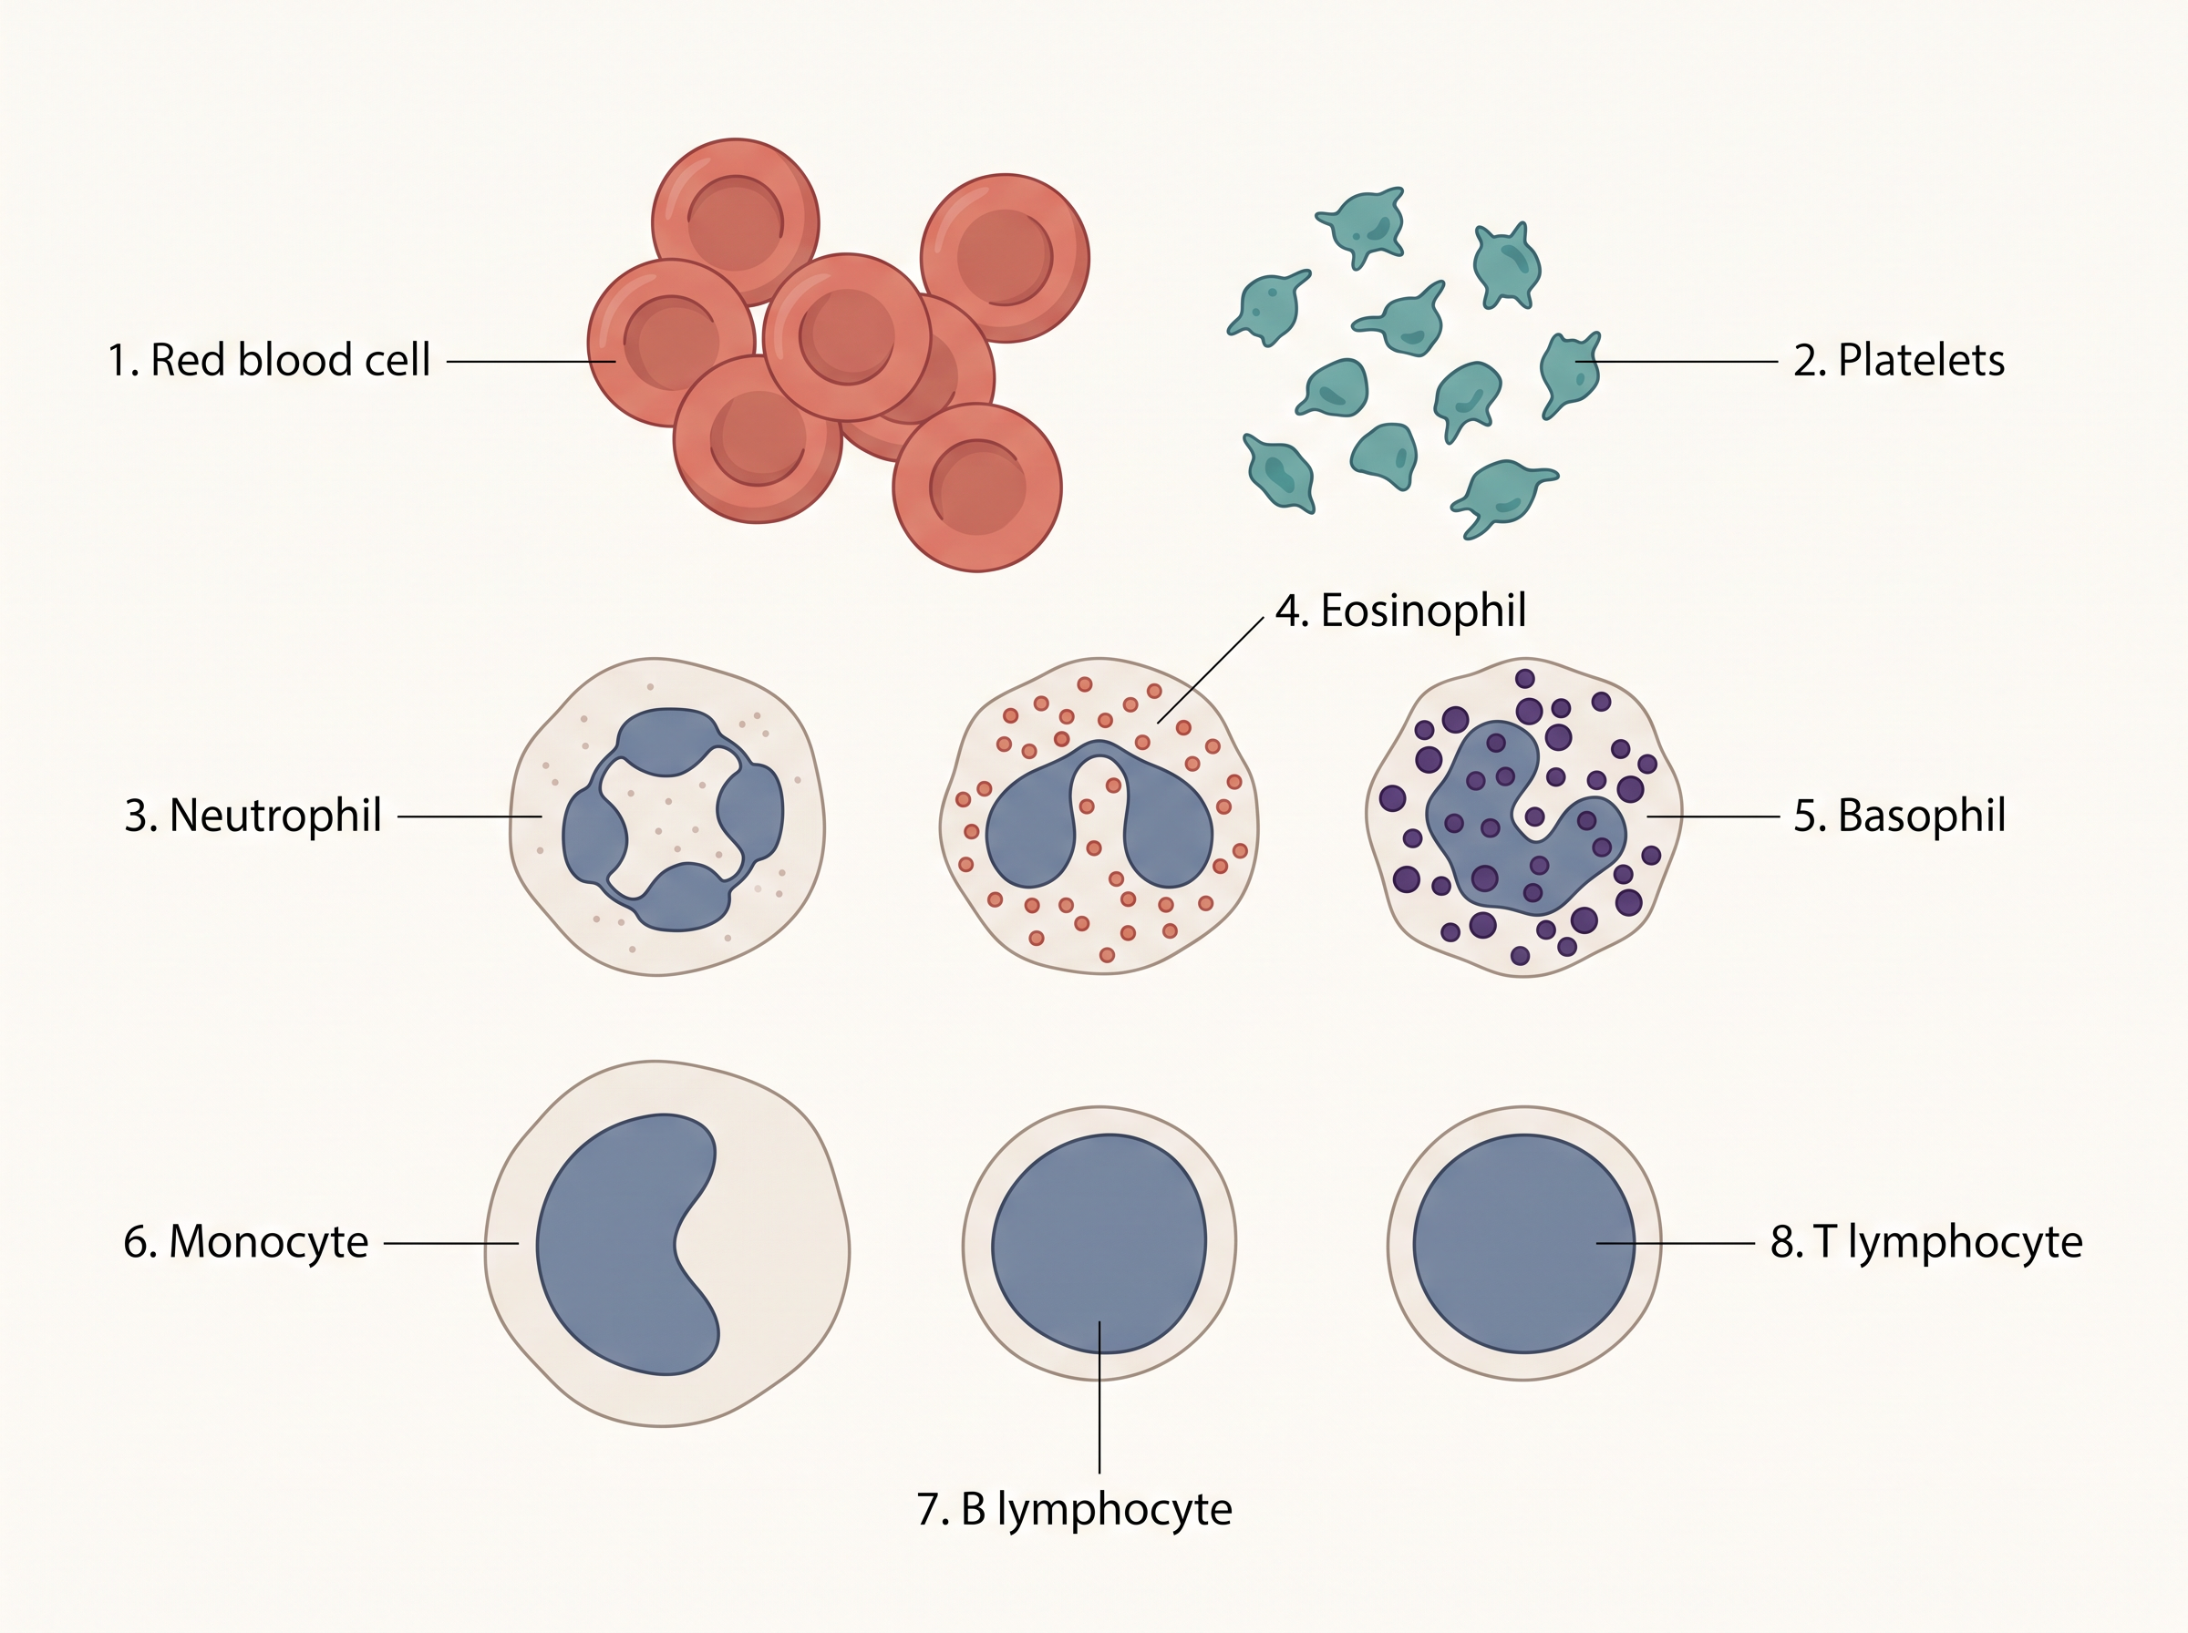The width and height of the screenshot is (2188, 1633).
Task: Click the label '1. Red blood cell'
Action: pyautogui.click(x=269, y=361)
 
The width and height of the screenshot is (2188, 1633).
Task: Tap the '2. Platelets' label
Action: pyautogui.click(x=1898, y=361)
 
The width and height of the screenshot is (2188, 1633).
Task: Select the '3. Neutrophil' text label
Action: pyautogui.click(x=253, y=816)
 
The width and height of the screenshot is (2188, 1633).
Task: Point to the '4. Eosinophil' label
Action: pyautogui.click(x=1400, y=611)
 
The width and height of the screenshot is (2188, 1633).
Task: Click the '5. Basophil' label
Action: pyautogui.click(x=1899, y=816)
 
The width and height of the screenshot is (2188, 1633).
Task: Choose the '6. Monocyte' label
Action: pyautogui.click(x=246, y=1243)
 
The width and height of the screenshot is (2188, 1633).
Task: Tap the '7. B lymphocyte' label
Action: pyautogui.click(x=1075, y=1509)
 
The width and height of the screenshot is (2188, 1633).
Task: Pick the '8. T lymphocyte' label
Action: pyautogui.click(x=1926, y=1243)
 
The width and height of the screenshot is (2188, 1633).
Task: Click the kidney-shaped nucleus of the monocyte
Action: pyautogui.click(x=613, y=1246)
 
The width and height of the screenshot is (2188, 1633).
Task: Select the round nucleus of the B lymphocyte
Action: pyautogui.click(x=1099, y=1244)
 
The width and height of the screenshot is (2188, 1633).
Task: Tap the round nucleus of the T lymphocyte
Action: pyautogui.click(x=1523, y=1244)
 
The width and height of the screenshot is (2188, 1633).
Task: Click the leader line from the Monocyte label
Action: pyautogui.click(x=451, y=1244)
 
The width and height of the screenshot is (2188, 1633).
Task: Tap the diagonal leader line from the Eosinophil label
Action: pyautogui.click(x=1210, y=672)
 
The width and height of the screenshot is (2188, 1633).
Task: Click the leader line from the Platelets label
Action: pyautogui.click(x=1677, y=362)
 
